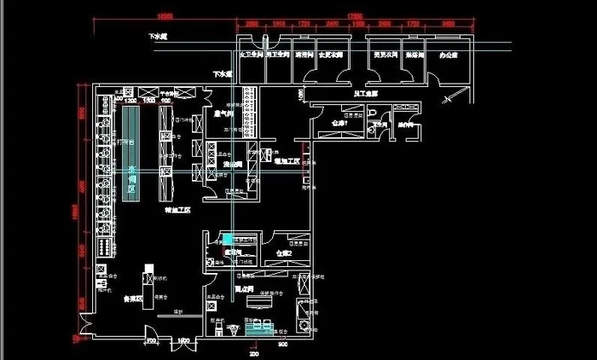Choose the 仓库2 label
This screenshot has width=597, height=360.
285,253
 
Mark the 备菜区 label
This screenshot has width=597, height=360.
131,299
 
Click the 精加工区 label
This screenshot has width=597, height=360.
177,209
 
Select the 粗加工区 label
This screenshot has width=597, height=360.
287,160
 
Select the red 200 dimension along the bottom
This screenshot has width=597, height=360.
253,351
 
